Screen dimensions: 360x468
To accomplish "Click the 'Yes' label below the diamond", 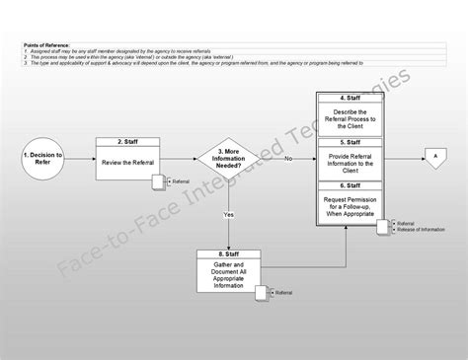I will (x=228, y=214).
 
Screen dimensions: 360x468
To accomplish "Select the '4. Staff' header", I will (x=354, y=98).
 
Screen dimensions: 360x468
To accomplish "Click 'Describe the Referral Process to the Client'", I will (x=354, y=119).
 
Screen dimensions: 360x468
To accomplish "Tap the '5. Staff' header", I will (x=354, y=143).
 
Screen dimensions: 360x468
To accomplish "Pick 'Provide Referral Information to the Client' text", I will (x=354, y=163).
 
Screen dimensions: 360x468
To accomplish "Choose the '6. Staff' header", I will (x=354, y=185).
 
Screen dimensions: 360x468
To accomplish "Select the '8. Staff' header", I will (x=228, y=254).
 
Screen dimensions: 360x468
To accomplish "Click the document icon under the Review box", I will (x=158, y=182).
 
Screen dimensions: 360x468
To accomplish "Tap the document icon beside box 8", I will (x=263, y=293).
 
